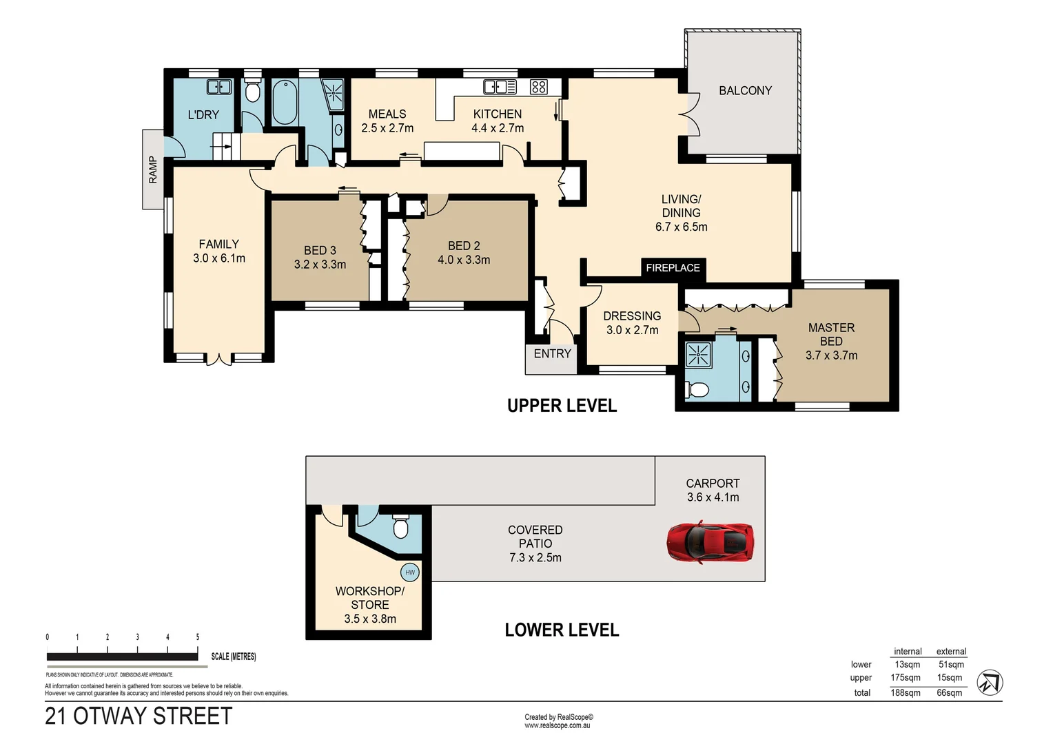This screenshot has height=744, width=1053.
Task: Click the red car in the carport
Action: pos(710,541)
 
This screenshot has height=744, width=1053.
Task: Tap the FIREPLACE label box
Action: pos(673,268)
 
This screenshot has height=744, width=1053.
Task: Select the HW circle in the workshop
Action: pos(410,572)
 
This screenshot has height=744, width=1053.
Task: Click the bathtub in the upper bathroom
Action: pos(285,103)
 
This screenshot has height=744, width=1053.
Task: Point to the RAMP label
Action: pos(153,169)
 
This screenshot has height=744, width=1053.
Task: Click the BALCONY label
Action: pos(745,90)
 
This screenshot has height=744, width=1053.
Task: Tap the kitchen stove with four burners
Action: pos(539,87)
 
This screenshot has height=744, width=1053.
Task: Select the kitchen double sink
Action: pos(500,87)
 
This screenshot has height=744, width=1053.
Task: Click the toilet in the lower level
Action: pos(400,528)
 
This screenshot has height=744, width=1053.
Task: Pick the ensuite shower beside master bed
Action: pos(698,355)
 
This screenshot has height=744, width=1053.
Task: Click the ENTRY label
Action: pos(552,353)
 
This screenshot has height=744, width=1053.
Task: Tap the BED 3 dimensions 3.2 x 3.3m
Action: pos(320,265)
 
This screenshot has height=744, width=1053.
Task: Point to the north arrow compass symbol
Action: pos(990,683)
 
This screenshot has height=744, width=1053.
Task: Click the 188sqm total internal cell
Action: pos(906,692)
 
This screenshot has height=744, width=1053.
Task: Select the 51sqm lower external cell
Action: pos(951,664)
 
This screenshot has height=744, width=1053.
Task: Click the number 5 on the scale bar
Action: pos(198,637)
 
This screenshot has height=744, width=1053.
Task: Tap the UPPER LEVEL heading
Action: pos(562,406)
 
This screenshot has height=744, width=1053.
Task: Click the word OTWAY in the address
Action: pos(110,716)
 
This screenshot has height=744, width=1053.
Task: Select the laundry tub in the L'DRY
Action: pos(219,87)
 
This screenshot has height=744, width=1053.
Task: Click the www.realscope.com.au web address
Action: pos(558,725)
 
